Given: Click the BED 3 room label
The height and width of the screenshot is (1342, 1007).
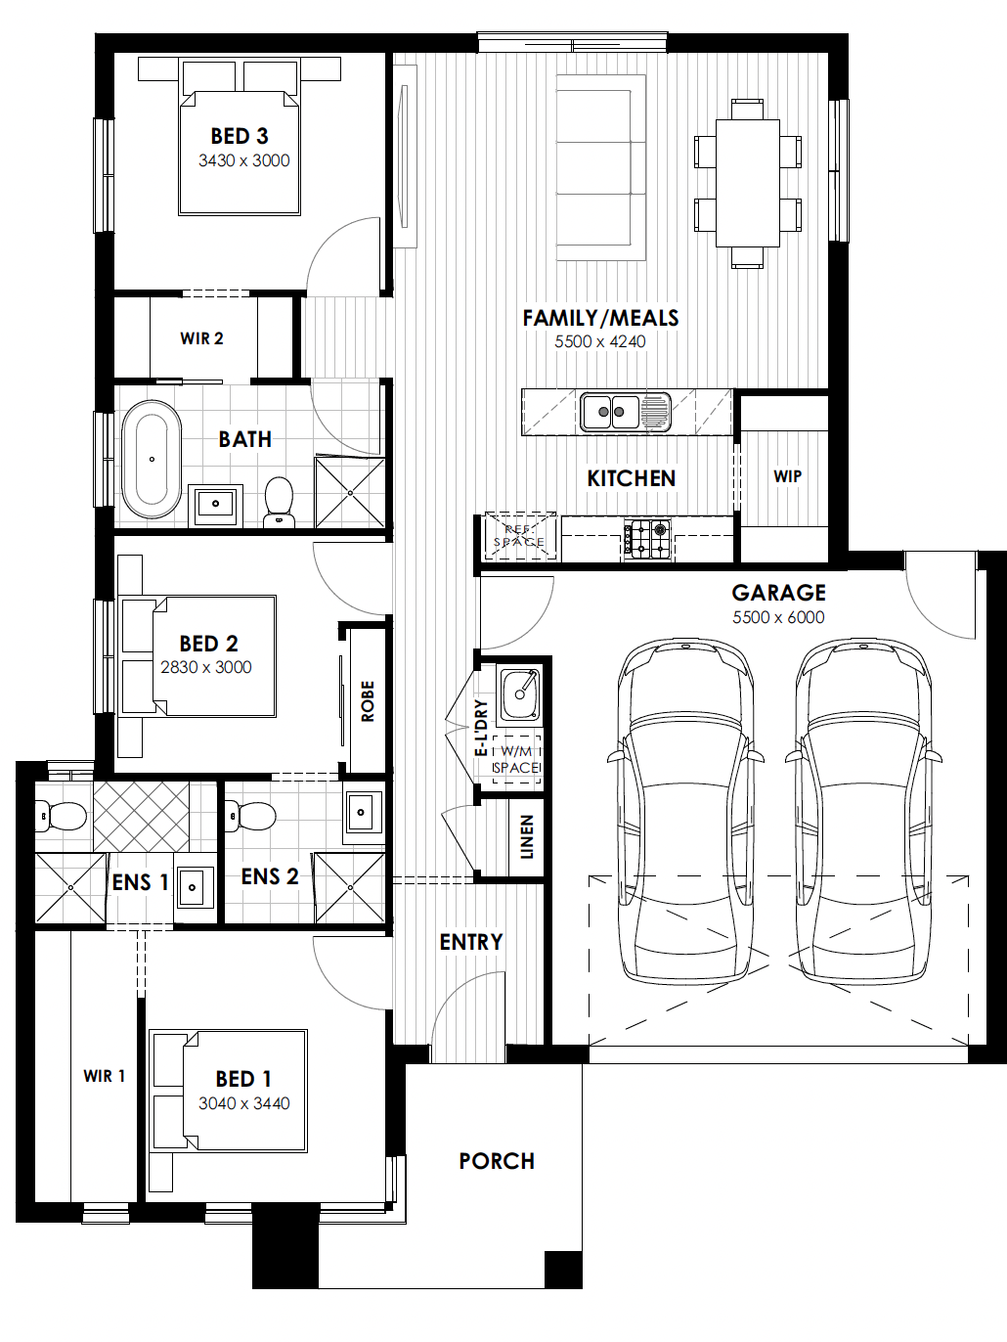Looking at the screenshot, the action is click(x=240, y=136).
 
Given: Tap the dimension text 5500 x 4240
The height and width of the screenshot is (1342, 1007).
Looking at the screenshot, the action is click(x=600, y=341).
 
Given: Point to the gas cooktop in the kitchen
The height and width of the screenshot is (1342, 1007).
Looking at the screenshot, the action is click(x=647, y=539).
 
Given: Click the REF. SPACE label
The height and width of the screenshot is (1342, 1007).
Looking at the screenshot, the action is click(x=519, y=536).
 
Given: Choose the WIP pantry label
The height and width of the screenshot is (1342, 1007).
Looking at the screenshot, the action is click(x=788, y=476).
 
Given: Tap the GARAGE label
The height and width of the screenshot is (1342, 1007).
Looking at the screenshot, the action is click(x=779, y=593).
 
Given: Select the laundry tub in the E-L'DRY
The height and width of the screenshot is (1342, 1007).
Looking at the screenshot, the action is click(x=521, y=693).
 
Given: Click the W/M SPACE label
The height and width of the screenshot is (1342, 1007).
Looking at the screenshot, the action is click(x=517, y=759).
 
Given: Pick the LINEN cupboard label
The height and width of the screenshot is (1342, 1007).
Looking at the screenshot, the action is click(x=527, y=837).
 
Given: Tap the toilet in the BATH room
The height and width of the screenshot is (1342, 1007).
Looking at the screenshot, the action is click(x=279, y=502).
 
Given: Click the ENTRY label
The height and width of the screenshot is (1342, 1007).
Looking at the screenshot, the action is click(x=471, y=942).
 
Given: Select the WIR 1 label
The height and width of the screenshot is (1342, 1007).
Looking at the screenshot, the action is click(x=105, y=1076).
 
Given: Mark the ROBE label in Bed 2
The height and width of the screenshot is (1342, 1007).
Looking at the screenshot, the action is click(x=368, y=701).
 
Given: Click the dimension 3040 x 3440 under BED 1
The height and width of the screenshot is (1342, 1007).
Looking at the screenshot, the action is click(x=243, y=1103).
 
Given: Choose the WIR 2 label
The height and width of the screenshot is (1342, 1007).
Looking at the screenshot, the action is click(x=201, y=338).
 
